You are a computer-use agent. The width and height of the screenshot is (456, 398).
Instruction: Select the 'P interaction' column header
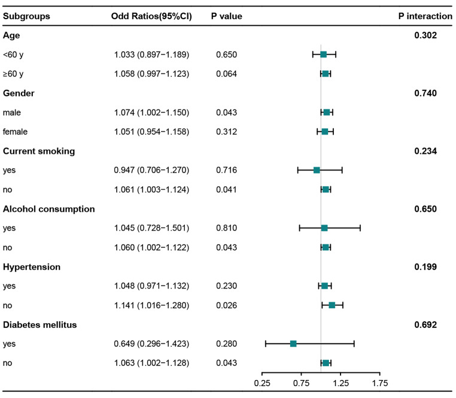point(425,16)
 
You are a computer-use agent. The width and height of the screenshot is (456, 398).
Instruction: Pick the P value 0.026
point(227,305)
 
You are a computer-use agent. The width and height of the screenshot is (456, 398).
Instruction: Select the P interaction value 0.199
point(425,267)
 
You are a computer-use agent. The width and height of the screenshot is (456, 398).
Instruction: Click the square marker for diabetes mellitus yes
point(293,344)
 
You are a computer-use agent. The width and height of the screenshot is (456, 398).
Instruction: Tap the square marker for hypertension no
point(332,305)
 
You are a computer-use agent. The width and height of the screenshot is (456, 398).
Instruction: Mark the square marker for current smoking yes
point(317,171)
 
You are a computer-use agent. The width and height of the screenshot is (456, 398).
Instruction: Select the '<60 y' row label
point(14,54)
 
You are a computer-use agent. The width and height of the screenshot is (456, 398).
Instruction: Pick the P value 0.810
point(227,228)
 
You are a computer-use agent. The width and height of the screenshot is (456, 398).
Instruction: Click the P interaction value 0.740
point(425,93)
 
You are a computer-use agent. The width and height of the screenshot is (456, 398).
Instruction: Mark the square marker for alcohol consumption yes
point(324,228)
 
